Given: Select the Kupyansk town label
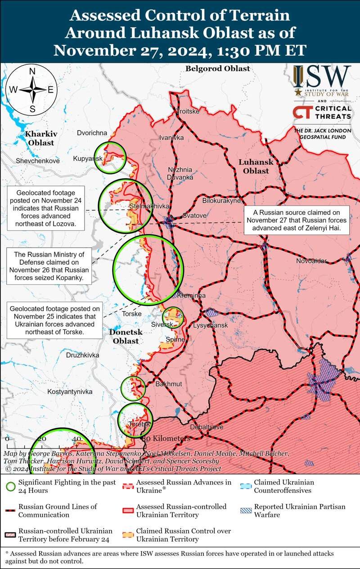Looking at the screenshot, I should click(x=88, y=159).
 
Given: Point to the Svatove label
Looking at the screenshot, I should click(x=194, y=216).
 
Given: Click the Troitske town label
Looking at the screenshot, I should click(x=189, y=112).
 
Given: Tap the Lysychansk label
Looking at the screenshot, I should click(x=211, y=325).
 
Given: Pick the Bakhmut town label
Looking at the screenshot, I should click(x=168, y=384).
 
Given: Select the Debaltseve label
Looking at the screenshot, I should click(x=207, y=427).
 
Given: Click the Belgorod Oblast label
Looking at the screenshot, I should click(x=217, y=68).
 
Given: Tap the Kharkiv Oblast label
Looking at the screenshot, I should click(x=41, y=138).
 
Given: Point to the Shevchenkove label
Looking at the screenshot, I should click(x=37, y=161).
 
